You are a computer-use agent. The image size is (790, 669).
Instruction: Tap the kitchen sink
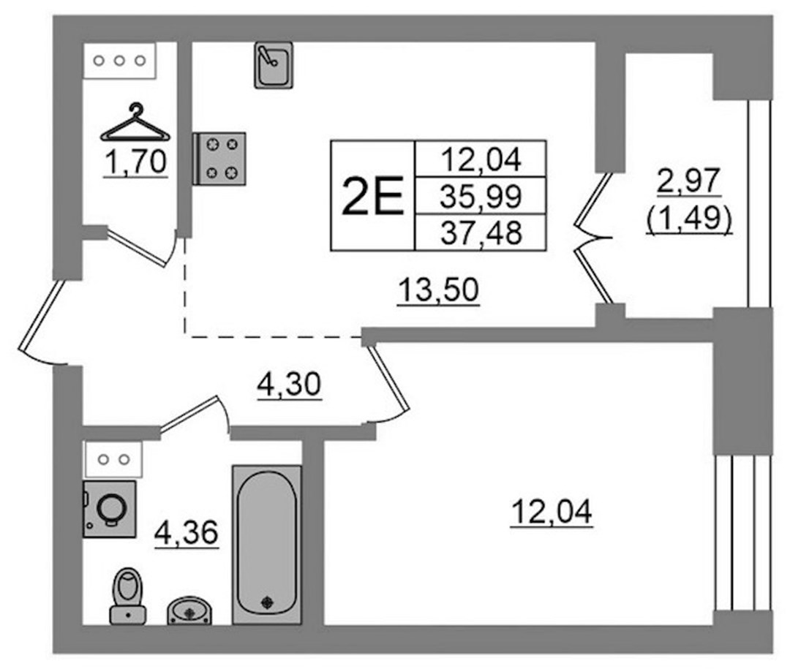[274, 65]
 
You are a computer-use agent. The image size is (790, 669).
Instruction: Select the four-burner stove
[219, 159]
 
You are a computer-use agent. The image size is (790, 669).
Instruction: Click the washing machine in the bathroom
[109, 509]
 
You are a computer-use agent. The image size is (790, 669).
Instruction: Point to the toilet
[128, 596]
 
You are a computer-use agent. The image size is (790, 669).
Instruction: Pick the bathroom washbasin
[189, 611]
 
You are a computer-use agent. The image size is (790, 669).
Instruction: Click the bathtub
[266, 545]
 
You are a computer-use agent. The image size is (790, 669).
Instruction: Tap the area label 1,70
[135, 163]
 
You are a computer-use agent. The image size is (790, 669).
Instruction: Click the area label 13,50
[438, 291]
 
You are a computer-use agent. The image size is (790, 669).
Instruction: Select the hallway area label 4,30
[289, 385]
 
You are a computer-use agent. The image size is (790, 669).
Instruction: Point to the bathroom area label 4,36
[187, 533]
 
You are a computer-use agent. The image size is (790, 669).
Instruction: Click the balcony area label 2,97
[690, 181]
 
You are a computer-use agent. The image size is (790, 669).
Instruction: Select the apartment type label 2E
[372, 196]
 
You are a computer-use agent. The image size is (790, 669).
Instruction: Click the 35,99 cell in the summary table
[481, 196]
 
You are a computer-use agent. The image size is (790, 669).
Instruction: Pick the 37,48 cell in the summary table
[481, 233]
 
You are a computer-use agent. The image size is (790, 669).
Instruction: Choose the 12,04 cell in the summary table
[481, 159]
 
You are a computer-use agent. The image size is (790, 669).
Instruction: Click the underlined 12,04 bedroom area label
[552, 513]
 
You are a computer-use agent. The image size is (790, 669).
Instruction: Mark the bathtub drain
[266, 602]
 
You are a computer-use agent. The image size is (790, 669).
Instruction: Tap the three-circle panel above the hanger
[120, 61]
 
